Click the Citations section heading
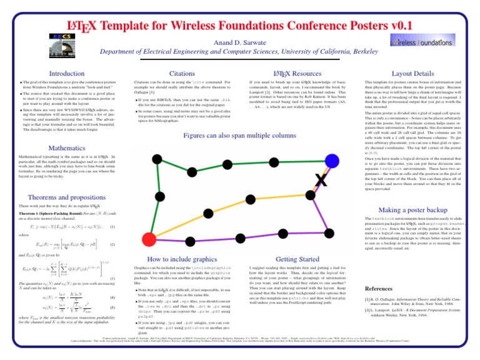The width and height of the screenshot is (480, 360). [164, 74]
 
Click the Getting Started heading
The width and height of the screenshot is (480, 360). [283, 258]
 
